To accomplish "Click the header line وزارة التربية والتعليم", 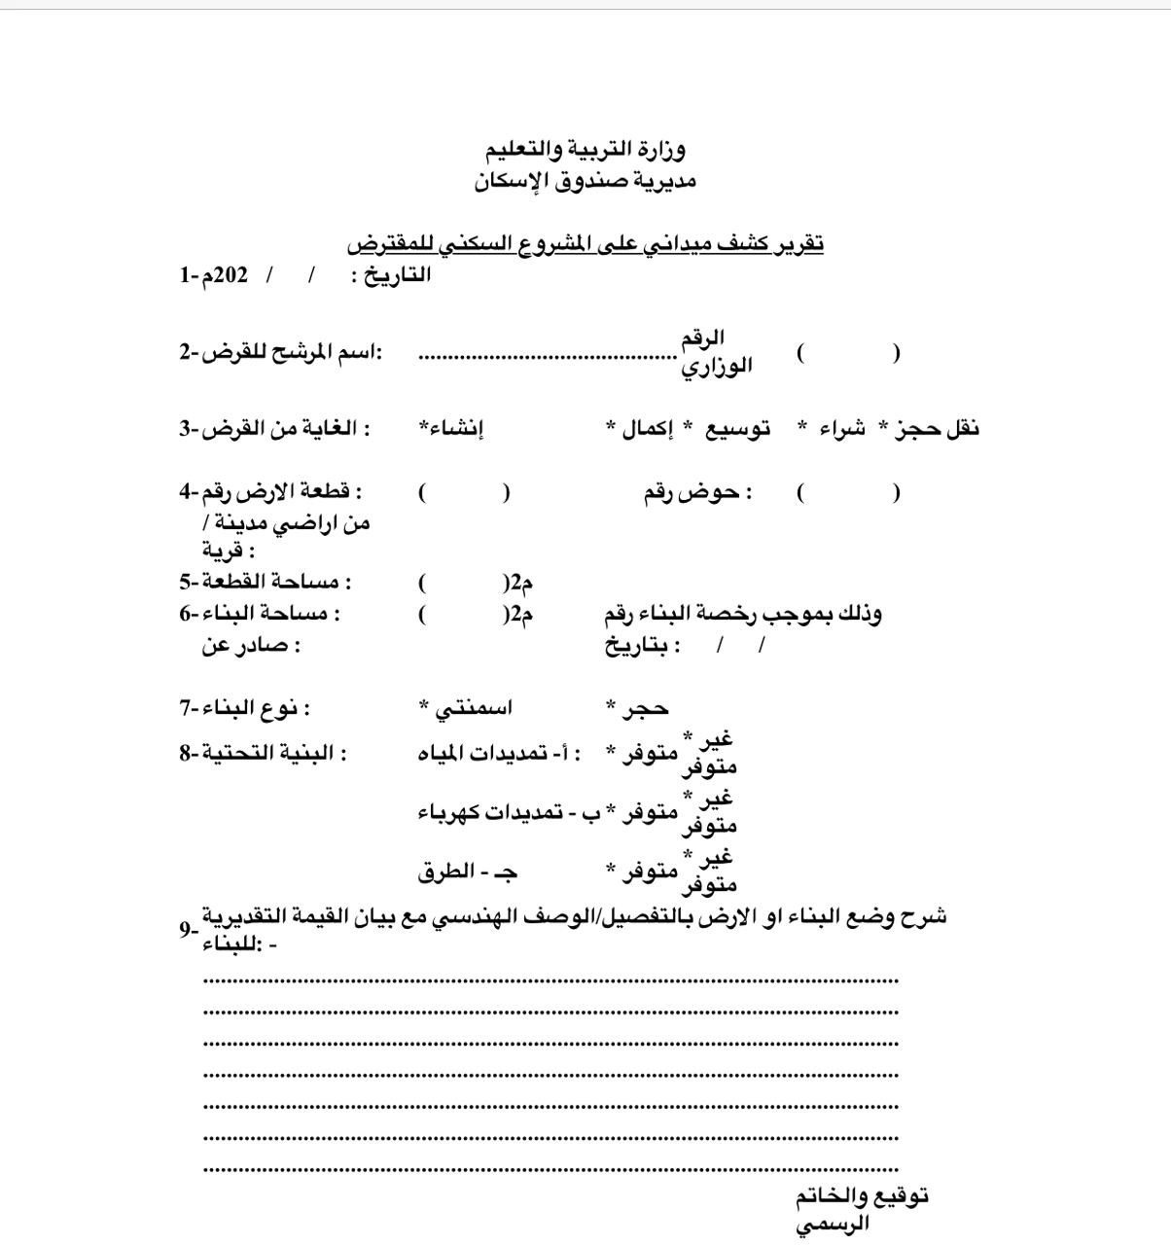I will point(585,149).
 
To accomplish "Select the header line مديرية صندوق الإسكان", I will point(585,181).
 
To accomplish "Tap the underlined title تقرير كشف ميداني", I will point(585,243).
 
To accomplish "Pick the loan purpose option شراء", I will point(841,428).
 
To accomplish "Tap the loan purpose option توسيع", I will point(737,428).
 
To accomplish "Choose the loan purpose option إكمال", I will point(647,428).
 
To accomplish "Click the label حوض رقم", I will point(695,492).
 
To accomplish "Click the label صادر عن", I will point(251,645).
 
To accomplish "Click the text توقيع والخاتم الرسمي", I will point(861,1209).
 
